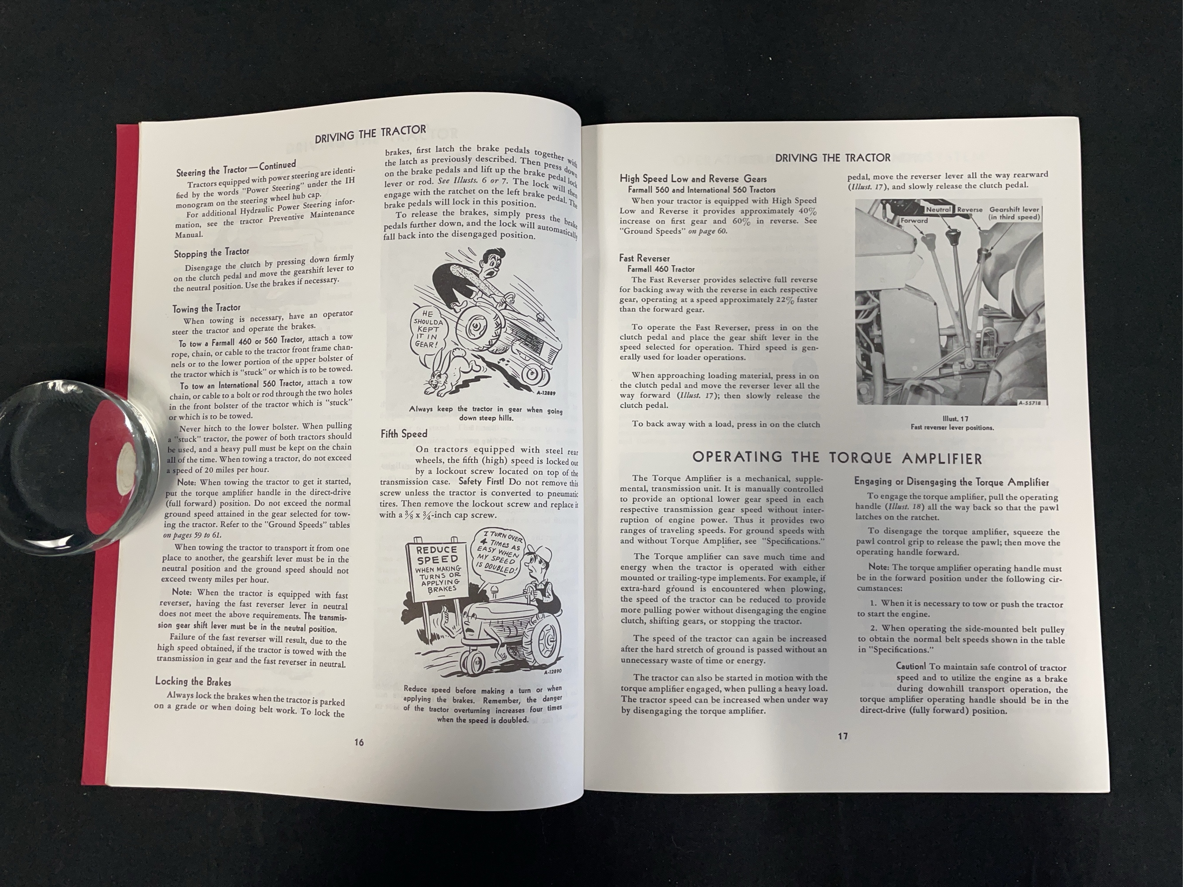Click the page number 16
(359, 742)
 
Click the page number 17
(842, 736)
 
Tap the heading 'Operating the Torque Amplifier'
(837, 458)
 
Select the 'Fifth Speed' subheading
(404, 434)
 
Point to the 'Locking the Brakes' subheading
(193, 681)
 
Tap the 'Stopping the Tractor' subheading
(211, 252)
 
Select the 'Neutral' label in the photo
(938, 210)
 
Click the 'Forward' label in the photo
(914, 220)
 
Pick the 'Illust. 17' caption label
(955, 419)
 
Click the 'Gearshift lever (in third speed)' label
(1014, 213)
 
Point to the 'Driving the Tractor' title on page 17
(833, 158)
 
